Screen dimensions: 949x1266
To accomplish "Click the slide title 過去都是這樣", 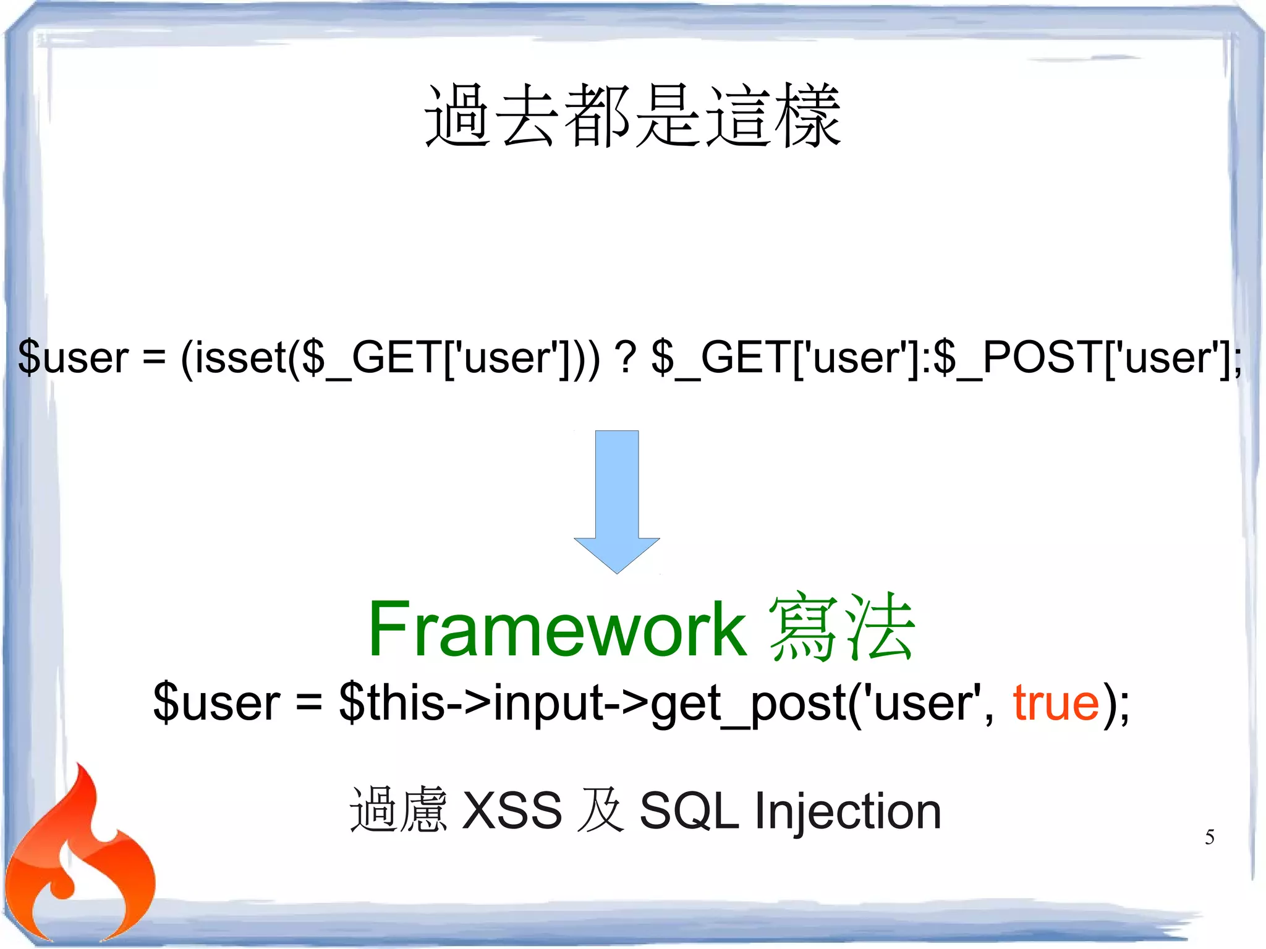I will coord(632,116).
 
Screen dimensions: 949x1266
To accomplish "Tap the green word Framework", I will coord(557,629).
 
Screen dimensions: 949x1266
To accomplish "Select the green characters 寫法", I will coord(841,627).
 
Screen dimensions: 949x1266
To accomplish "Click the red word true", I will coord(1056,703).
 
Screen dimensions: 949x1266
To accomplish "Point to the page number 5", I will coord(1209,837).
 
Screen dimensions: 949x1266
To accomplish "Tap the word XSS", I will coord(512,811).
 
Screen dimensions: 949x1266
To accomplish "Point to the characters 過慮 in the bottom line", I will coord(398,809).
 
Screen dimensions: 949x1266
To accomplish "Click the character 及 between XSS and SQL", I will coord(600,810).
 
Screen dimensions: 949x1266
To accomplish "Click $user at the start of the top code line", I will coord(74,357).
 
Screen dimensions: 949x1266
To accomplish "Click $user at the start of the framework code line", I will coord(217,703).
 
